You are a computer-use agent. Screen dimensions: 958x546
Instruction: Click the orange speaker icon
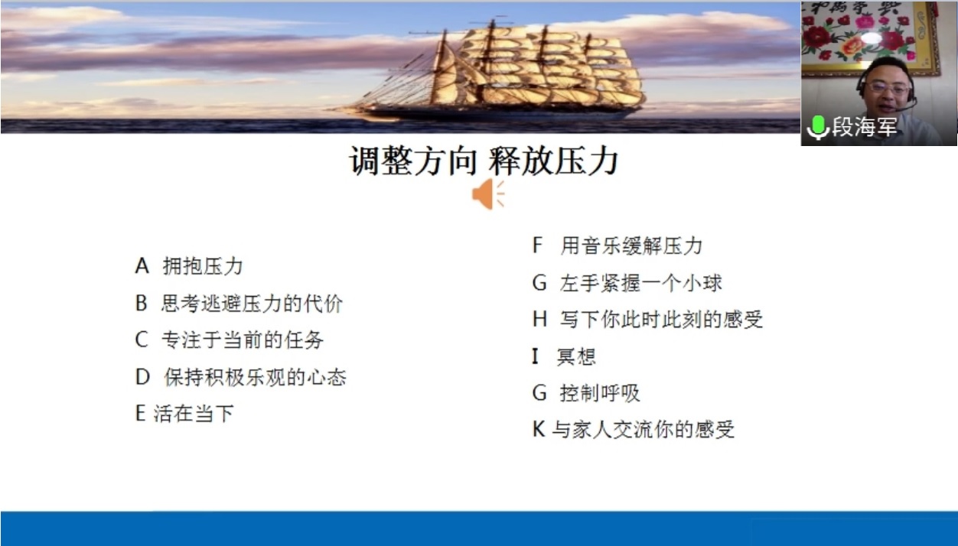pos(488,194)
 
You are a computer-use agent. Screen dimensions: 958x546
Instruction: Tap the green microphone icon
pos(818,128)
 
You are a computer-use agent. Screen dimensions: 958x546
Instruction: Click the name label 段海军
pos(864,127)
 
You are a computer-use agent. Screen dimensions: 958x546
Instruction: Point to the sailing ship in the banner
pos(492,70)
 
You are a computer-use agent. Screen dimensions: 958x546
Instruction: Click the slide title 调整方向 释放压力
pos(484,161)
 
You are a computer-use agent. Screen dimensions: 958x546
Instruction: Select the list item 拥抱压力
pos(203,266)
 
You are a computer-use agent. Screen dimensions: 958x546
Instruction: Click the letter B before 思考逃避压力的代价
pos(141,303)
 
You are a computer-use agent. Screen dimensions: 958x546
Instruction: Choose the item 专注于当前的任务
pos(243,340)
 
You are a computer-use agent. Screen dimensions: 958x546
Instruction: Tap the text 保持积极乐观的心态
pos(255,378)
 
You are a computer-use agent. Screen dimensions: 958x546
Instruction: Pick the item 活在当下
pos(194,414)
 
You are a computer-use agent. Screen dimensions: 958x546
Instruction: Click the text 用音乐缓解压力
pos(632,245)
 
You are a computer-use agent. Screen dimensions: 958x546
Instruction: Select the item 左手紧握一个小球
pos(640,283)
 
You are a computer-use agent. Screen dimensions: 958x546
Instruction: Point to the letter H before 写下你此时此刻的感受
pos(539,320)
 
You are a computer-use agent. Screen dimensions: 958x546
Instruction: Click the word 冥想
pos(576,356)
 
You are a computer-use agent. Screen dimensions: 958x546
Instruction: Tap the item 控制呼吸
pos(600,393)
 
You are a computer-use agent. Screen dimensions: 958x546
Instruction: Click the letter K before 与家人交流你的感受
pos(539,429)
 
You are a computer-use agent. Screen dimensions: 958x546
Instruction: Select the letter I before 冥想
pos(535,356)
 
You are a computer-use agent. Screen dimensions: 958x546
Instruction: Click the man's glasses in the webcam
pos(888,89)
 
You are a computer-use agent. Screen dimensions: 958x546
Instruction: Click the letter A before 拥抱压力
pos(142,266)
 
